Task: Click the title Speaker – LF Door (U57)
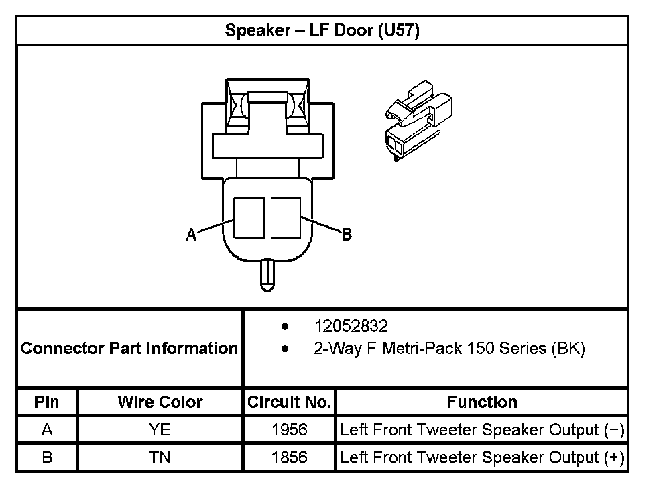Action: click(x=322, y=31)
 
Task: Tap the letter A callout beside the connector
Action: click(x=191, y=235)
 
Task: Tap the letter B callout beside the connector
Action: click(x=347, y=235)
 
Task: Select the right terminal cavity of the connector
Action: click(x=286, y=217)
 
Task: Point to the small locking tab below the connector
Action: click(x=267, y=275)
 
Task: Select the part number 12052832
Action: click(x=351, y=327)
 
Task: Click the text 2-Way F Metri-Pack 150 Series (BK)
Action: click(x=449, y=349)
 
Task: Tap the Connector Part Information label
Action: click(x=129, y=349)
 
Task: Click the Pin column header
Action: click(x=47, y=402)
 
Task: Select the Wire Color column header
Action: click(x=160, y=402)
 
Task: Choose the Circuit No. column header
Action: click(x=289, y=402)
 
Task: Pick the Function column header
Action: click(x=482, y=402)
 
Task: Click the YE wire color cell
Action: click(x=160, y=430)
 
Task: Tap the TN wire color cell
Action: click(x=160, y=457)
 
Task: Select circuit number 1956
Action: click(x=289, y=430)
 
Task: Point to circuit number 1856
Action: click(x=289, y=457)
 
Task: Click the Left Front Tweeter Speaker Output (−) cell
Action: click(x=482, y=430)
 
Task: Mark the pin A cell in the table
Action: click(x=47, y=430)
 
